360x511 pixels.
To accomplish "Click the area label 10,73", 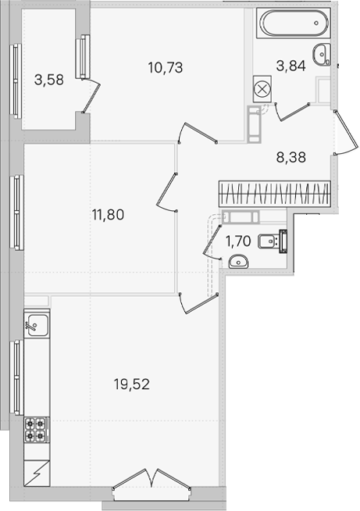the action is coord(166,67).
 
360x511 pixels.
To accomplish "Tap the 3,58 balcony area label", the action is coord(49,80).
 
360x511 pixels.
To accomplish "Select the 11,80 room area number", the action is coord(108,215).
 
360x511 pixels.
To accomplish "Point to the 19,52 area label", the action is coord(132,384).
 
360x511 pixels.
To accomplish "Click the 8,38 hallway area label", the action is coord(291,157).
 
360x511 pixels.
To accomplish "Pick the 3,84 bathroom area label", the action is coord(291,66).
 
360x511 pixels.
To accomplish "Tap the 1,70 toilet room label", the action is coord(238,241).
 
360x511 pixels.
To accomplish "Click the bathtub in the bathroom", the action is coord(293,23).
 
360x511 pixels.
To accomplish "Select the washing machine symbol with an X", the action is coord(262,89).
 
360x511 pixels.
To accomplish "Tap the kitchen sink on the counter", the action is coord(37,325).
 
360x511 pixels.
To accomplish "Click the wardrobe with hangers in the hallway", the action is coord(275,194).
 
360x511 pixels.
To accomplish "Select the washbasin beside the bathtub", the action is coord(322,55).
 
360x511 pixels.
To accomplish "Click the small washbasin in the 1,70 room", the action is coord(238,262).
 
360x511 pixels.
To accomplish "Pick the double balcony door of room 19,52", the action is coord(151,478).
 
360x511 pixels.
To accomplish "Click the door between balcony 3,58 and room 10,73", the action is coord(91,95).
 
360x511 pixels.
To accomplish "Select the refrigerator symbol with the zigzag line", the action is coord(37,473).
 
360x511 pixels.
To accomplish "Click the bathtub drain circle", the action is coord(316,23).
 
